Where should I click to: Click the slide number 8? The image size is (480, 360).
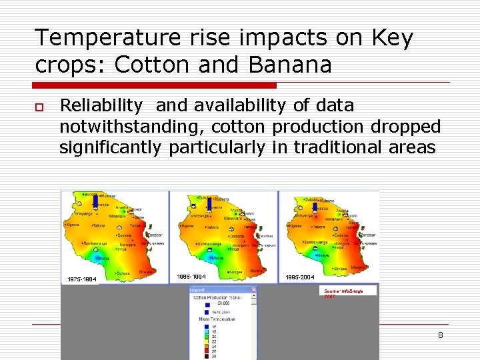[440, 335]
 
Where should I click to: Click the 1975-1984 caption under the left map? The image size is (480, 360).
[81, 279]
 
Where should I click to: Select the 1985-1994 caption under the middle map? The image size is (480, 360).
[191, 276]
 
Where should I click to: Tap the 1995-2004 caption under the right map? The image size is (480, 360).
[299, 277]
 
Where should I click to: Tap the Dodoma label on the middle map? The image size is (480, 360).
[237, 236]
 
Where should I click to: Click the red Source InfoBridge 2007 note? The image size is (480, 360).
[343, 293]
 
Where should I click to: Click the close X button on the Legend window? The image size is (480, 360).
[253, 290]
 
